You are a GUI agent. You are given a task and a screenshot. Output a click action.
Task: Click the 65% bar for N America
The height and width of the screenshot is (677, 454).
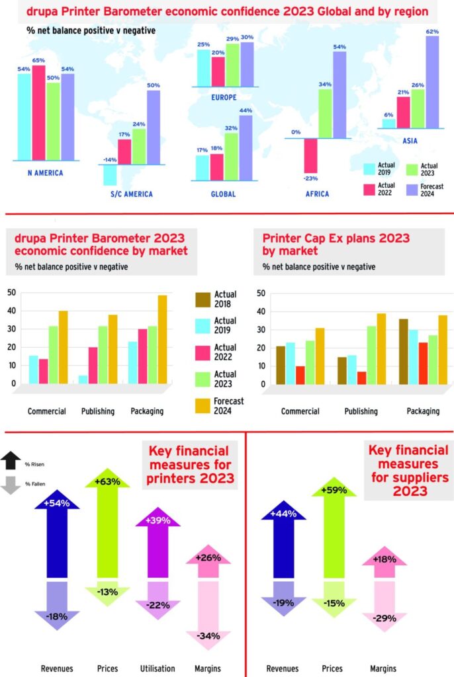(39, 112)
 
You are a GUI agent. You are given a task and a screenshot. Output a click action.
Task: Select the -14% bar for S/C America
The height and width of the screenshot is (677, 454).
(110, 175)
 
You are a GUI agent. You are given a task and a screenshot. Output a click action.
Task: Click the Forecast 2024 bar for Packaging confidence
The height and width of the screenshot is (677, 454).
(162, 339)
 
